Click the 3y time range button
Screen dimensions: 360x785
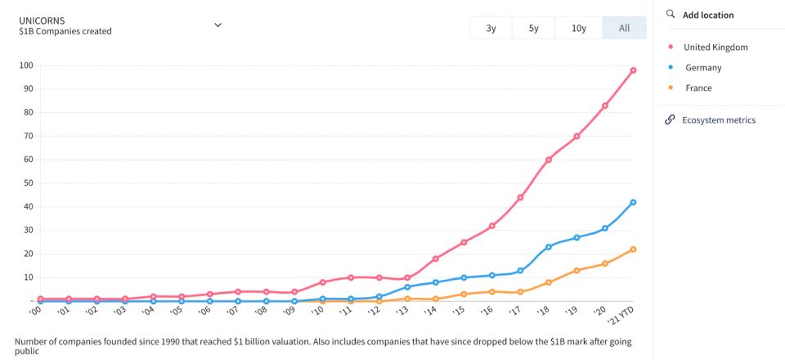(491, 28)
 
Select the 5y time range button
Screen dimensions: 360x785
(533, 28)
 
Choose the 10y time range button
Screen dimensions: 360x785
(579, 28)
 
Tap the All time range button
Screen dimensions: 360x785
(624, 28)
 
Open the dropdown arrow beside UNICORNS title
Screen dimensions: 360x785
(218, 25)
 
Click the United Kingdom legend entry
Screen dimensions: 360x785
(715, 47)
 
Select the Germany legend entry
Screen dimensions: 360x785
(702, 67)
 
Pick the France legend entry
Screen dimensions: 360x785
(698, 88)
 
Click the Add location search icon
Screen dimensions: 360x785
(671, 15)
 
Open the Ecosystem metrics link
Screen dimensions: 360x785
(718, 120)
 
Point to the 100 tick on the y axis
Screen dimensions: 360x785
(25, 65)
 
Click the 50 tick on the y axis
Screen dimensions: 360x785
(27, 183)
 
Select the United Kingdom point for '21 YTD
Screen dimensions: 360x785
(633, 70)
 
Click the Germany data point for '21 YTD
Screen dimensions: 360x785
(633, 202)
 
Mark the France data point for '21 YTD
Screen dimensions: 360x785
(633, 250)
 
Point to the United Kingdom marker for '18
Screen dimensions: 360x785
(548, 160)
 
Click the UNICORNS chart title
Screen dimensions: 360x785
(43, 20)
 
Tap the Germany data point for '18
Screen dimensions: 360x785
(548, 247)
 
